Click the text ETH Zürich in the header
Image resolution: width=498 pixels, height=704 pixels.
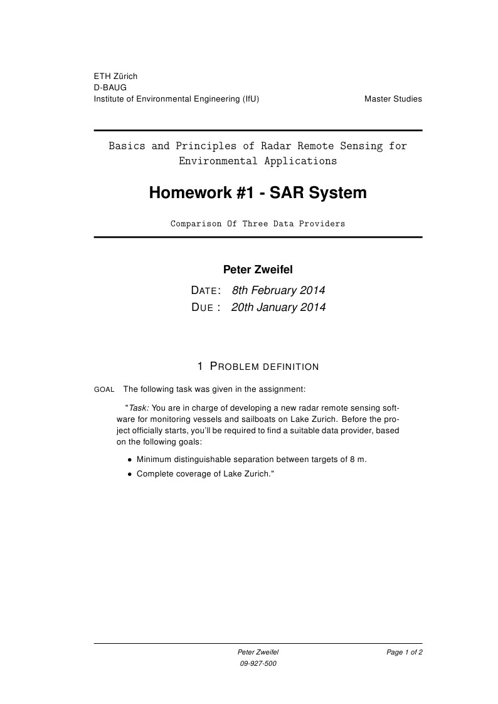pos(115,76)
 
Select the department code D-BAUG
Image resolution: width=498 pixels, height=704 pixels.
pos(110,88)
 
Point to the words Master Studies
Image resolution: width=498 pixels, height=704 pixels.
pos(393,99)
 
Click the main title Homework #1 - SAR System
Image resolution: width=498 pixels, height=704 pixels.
pos(258,193)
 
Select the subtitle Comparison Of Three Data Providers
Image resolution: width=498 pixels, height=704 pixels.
pos(258,224)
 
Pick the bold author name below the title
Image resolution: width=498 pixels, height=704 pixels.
pos(258,270)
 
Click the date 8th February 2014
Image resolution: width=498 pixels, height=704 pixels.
pos(278,290)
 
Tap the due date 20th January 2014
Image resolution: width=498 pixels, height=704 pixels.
pos(278,307)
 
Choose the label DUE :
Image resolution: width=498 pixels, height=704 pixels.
pos(206,308)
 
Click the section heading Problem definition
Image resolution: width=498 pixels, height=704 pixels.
pos(258,366)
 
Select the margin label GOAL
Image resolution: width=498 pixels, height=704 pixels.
pos(104,390)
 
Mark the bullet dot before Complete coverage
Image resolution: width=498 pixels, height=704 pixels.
pos(130,475)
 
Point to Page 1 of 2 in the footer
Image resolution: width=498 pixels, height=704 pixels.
pos(405,653)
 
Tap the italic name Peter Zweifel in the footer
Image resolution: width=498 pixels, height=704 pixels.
pos(258,653)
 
